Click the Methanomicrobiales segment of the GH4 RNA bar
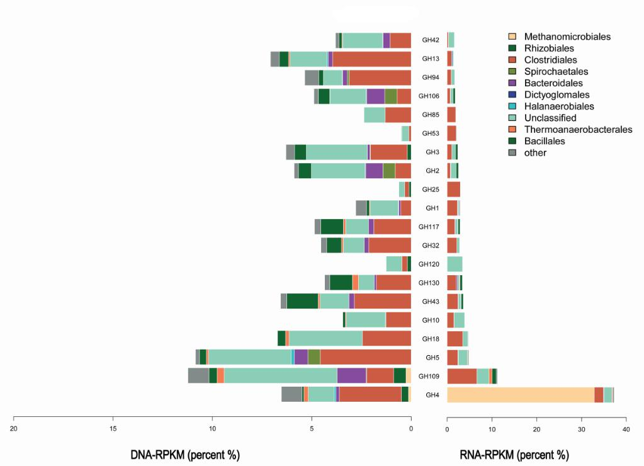coord(521,395)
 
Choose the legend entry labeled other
coord(535,152)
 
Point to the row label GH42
coord(431,40)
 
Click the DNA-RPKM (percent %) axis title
coord(185,455)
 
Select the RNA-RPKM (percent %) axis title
coord(514,455)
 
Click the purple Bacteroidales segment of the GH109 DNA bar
coord(351,376)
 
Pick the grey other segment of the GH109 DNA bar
coord(198,376)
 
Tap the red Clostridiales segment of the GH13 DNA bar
coord(371,59)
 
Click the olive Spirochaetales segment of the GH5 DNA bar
coord(314,357)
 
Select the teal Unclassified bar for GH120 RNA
coord(455,264)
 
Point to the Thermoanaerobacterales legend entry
coord(578,130)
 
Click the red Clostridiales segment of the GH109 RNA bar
coord(461,376)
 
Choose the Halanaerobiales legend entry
coord(559,106)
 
